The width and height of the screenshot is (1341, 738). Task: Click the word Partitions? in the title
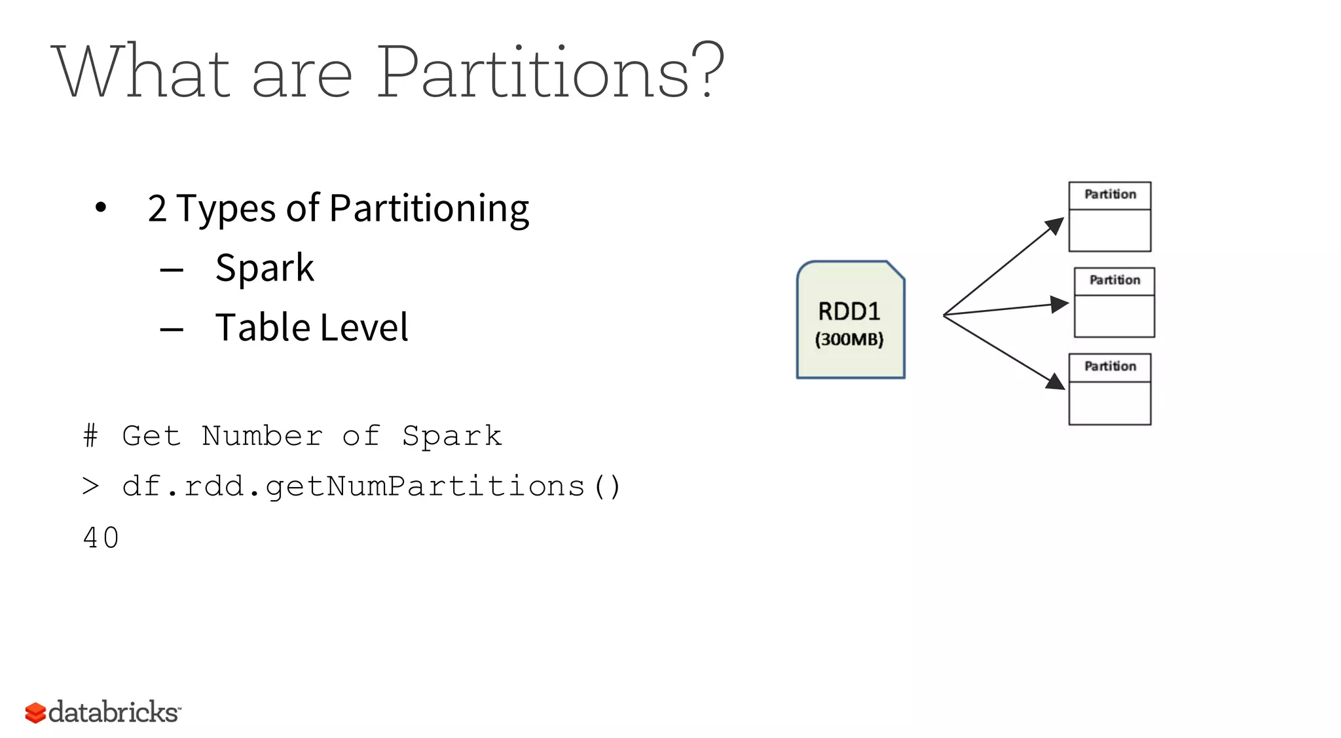[x=550, y=72]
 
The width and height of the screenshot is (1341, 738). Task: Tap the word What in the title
[x=141, y=72]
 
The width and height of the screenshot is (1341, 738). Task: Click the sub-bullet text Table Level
[x=312, y=327]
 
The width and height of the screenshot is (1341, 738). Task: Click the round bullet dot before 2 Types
[x=100, y=208]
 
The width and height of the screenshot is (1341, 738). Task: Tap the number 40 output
[x=101, y=538]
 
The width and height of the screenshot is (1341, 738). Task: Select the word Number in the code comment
[x=262, y=436]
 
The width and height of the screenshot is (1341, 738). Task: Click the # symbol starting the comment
[x=91, y=436]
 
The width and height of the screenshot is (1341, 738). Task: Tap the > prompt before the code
[x=91, y=486]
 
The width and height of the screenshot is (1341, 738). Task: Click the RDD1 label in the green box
[x=849, y=311]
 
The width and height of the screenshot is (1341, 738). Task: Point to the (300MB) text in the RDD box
[x=849, y=340]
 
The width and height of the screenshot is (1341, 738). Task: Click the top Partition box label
[x=1110, y=195]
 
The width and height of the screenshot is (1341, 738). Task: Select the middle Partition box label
[x=1114, y=281]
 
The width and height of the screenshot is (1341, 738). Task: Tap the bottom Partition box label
[x=1110, y=366]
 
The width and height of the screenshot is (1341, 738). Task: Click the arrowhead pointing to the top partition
[x=1055, y=226]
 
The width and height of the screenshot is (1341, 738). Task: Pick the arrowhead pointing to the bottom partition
[x=1056, y=381]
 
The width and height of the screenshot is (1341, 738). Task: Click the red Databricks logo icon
[x=35, y=712]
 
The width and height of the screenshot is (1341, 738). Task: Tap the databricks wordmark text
[x=113, y=712]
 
